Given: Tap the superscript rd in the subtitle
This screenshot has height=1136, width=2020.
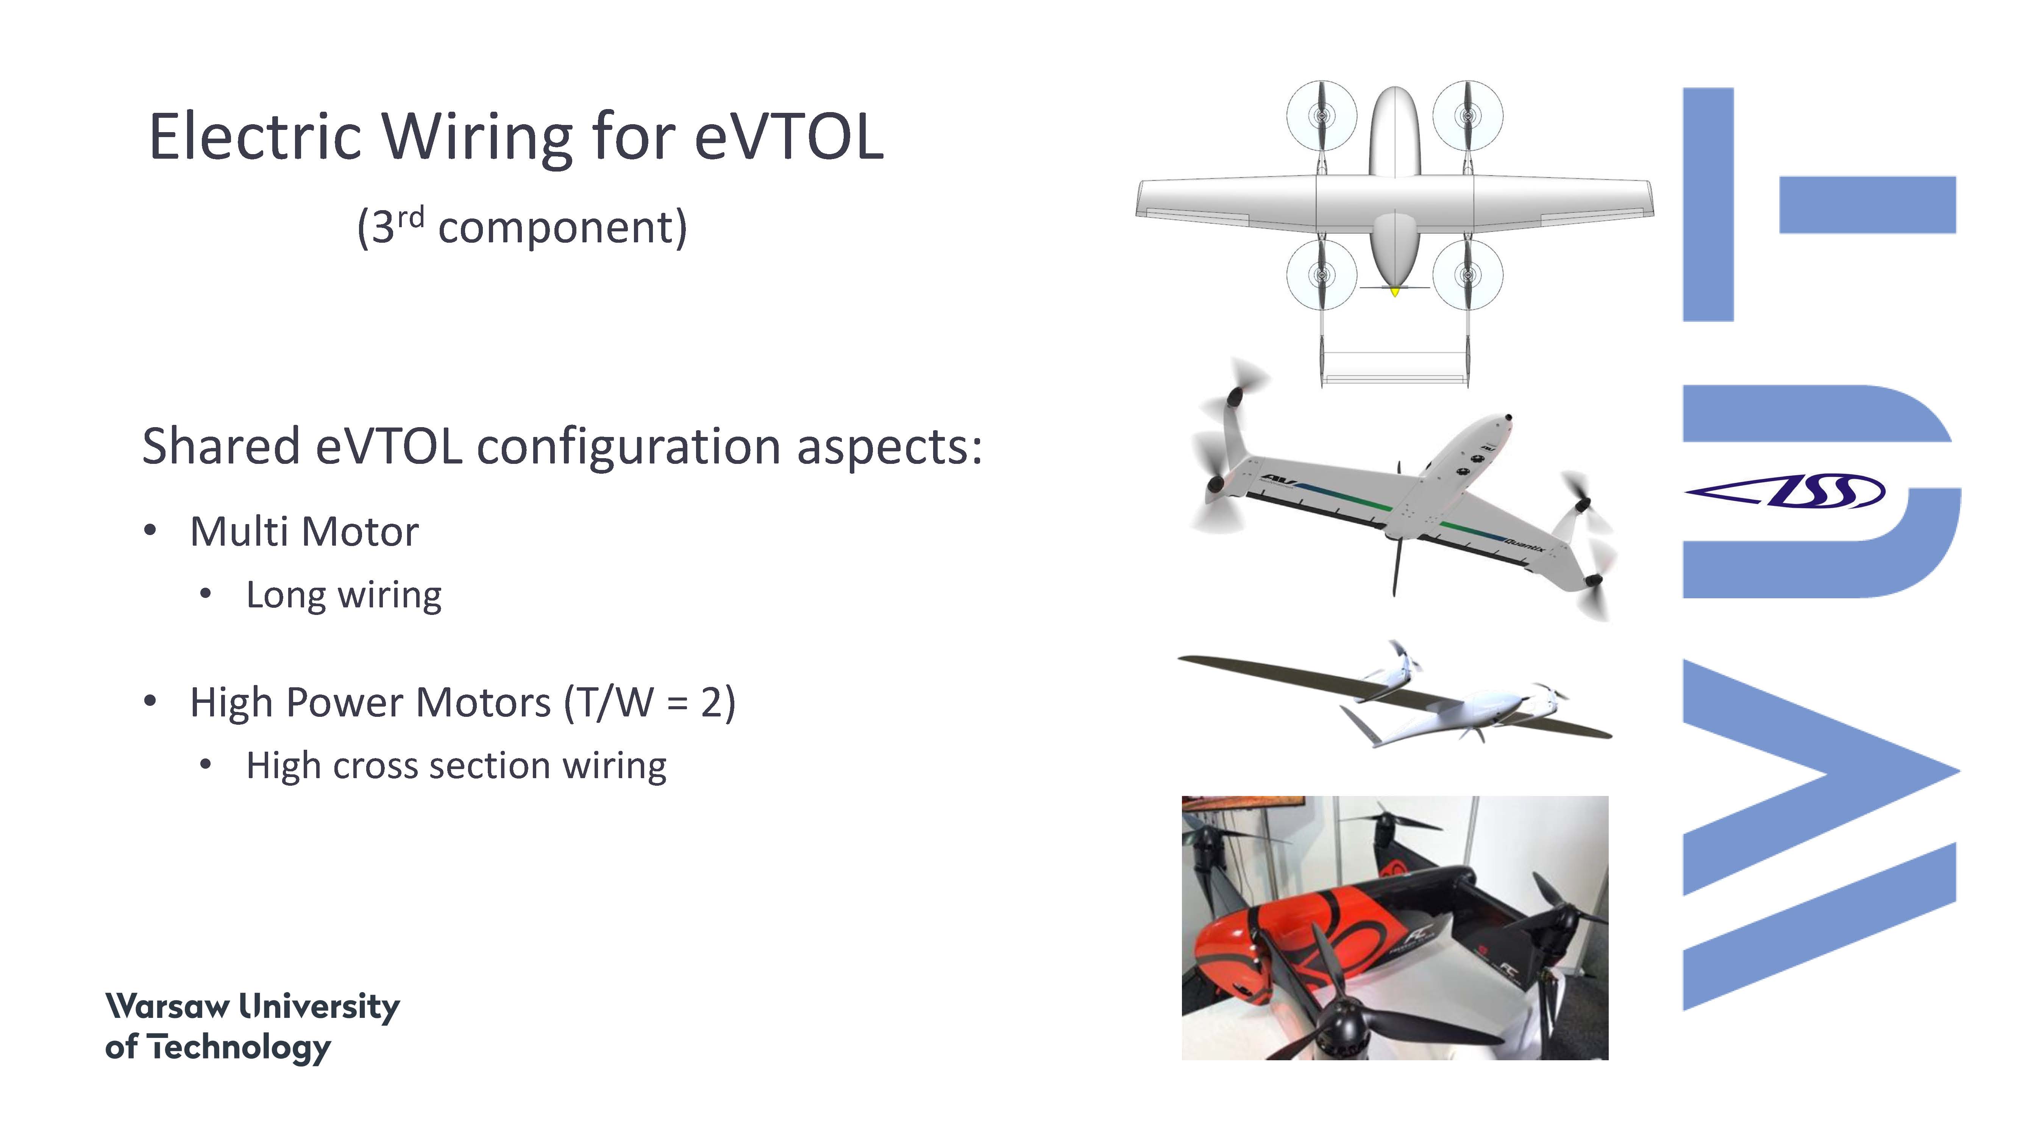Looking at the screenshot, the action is pos(410,216).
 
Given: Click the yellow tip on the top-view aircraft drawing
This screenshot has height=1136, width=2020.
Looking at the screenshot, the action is pos(1394,292).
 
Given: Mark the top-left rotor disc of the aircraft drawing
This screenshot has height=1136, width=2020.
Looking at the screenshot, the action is pos(1321,116).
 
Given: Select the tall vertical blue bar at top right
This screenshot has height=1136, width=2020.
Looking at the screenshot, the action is pos(1708,204).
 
